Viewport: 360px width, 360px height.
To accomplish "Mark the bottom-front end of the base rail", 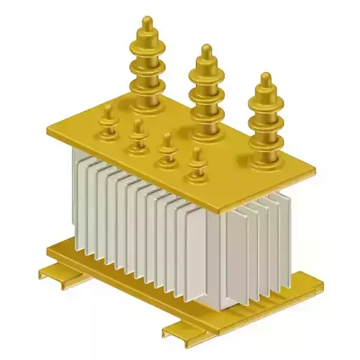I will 173,333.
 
